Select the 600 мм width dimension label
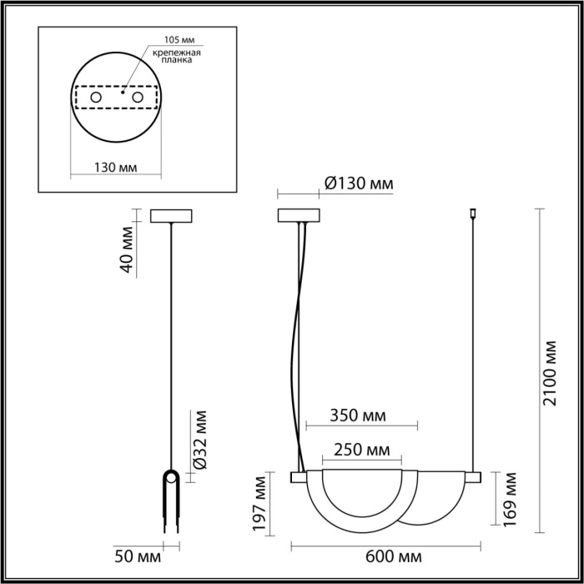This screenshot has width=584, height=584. coord(393,556)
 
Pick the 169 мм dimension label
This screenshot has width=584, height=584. coord(510,500)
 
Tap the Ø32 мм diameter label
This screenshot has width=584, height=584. coord(199,441)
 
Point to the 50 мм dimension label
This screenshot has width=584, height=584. coord(133,556)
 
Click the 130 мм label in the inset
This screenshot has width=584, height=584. coord(115,168)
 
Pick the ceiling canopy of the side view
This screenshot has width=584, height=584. coord(171,215)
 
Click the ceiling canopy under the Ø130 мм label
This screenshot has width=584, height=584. coord(299,215)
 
